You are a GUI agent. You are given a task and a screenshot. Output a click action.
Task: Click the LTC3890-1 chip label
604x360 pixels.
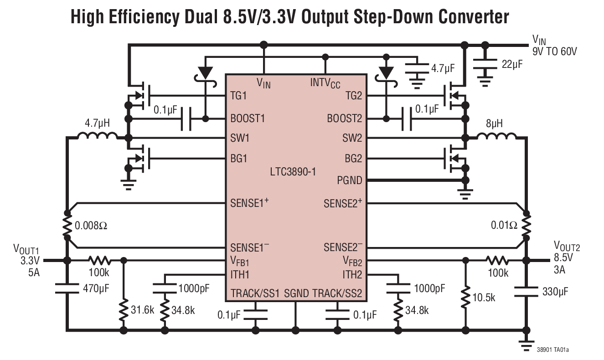click(x=293, y=172)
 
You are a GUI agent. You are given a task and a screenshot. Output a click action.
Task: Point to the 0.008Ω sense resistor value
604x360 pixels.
click(x=93, y=225)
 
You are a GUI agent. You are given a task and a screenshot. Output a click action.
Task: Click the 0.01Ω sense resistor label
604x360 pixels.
click(x=504, y=225)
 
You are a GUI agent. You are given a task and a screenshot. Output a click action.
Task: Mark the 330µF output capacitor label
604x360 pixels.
click(x=555, y=291)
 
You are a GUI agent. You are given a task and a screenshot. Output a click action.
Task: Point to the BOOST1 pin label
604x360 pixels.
click(x=248, y=118)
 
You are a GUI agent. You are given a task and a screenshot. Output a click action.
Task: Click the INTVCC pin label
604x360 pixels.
click(x=325, y=83)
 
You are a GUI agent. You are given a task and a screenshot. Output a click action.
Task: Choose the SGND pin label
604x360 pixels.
click(x=296, y=293)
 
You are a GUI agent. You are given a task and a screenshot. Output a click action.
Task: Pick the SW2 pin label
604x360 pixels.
click(x=352, y=138)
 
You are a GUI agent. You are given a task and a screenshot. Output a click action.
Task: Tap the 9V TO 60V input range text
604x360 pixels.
click(x=554, y=51)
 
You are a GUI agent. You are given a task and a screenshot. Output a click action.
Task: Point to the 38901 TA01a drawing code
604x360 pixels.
click(x=552, y=350)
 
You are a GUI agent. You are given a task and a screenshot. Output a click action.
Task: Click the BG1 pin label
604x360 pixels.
click(x=238, y=159)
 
